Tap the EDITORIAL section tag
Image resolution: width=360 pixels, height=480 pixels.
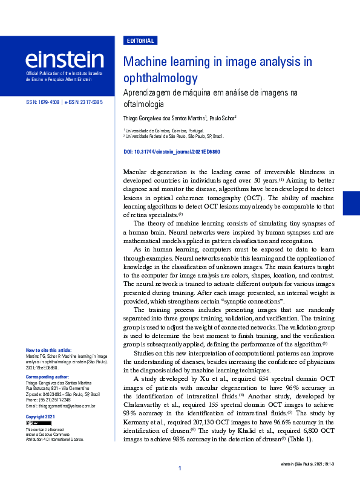(140, 41)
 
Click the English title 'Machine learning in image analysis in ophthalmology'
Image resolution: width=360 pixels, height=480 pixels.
(217, 70)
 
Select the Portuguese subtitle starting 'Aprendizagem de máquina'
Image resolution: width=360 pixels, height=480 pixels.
(210, 99)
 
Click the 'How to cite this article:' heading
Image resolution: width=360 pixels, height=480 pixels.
(48, 350)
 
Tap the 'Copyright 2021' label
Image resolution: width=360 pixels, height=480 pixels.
(41, 417)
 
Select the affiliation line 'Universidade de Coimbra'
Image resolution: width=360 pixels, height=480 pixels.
(165, 130)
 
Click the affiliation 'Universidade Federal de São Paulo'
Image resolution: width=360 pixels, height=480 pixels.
(175, 137)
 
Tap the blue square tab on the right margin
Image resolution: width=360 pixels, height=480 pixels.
(351, 203)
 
